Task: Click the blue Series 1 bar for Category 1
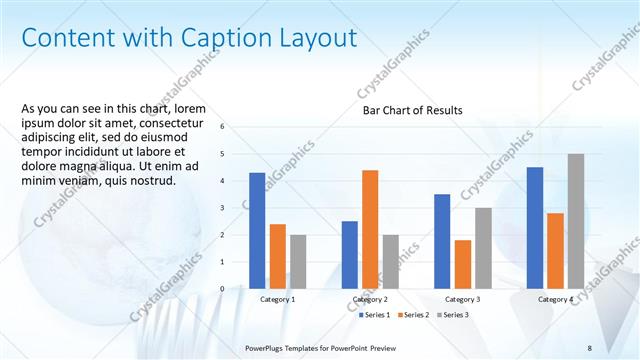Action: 257,231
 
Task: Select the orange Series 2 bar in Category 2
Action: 370,229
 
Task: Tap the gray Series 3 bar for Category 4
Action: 576,221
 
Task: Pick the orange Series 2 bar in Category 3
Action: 462,264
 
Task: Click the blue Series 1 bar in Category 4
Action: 535,228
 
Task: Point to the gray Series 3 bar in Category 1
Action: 298,262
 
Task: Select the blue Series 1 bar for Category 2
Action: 350,255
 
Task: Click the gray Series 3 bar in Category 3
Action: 483,248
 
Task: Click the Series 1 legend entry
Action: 375,315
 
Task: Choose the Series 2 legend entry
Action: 413,315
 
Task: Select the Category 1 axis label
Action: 277,299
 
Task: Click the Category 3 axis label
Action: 462,299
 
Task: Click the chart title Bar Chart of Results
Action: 412,110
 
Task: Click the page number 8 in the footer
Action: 589,347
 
